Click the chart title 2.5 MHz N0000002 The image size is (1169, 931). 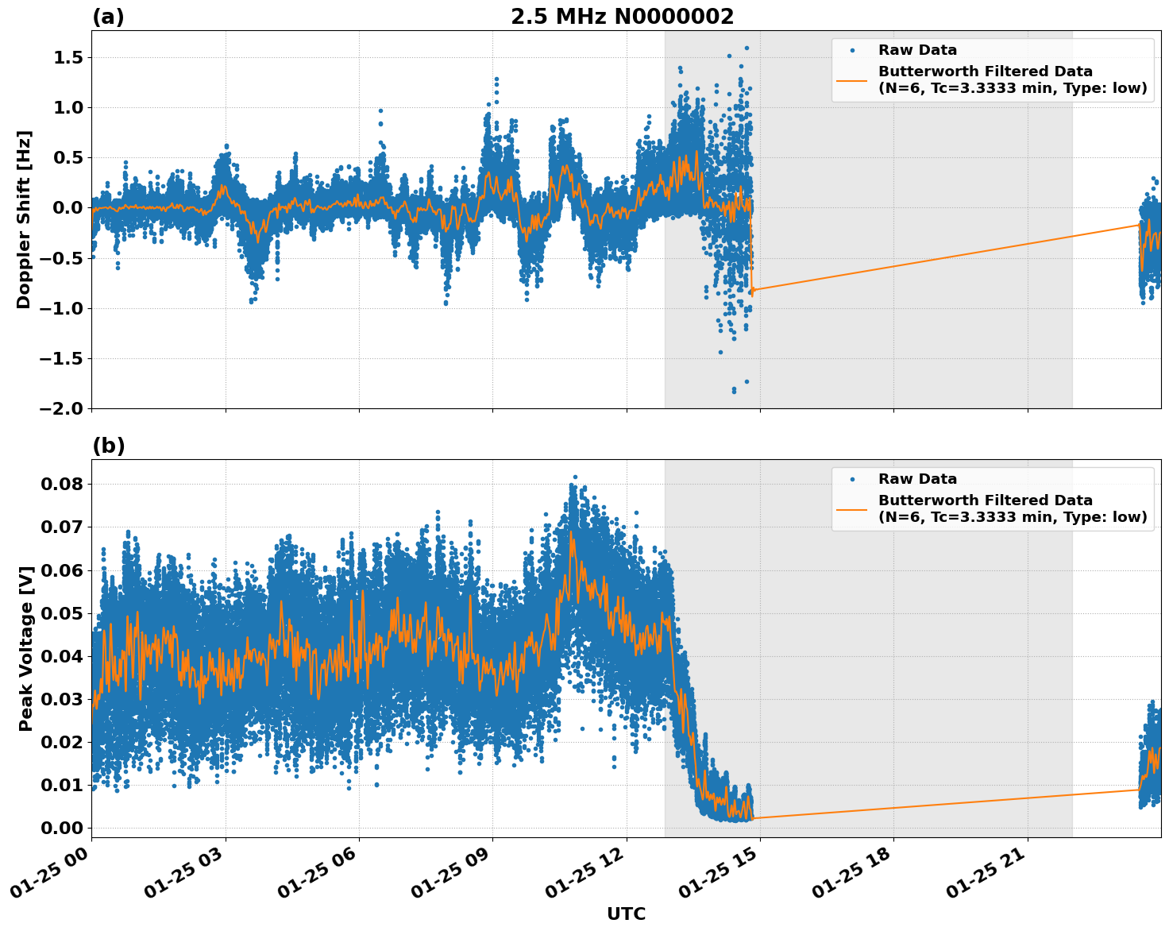point(622,17)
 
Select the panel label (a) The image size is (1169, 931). point(108,17)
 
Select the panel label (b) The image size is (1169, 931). point(108,446)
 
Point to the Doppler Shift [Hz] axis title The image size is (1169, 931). point(24,219)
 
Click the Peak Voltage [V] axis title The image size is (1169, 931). point(25,648)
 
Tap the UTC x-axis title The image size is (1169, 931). point(626,914)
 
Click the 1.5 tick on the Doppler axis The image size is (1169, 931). point(67,57)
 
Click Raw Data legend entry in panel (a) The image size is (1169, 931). point(917,50)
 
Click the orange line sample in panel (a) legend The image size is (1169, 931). point(852,79)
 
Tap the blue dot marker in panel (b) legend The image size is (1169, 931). point(852,479)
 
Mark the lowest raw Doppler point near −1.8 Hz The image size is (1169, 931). point(734,392)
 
